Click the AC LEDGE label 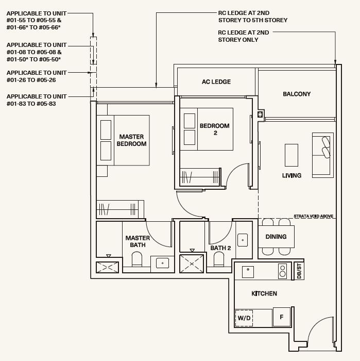[x=216, y=81]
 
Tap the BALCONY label [x=297, y=94]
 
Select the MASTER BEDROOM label [x=131, y=140]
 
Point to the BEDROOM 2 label [x=214, y=129]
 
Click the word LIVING [x=292, y=175]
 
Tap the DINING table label [x=276, y=237]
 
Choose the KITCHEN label [x=264, y=293]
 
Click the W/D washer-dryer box [x=244, y=318]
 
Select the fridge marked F [x=282, y=317]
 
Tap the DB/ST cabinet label [x=299, y=271]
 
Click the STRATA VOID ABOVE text [x=313, y=216]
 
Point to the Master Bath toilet [x=137, y=259]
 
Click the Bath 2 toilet [x=218, y=259]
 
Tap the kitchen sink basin [x=248, y=272]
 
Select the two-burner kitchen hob [x=282, y=271]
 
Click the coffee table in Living [x=292, y=155]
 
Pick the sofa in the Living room [x=323, y=155]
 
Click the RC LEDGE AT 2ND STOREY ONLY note [x=244, y=36]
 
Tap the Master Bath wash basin [x=162, y=263]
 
